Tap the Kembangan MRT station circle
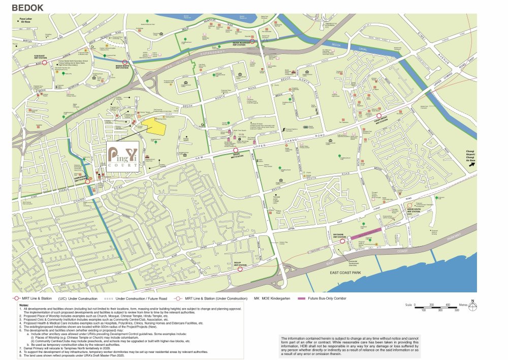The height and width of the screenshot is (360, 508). click(87, 181)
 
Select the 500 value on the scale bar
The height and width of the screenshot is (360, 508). click(456, 309)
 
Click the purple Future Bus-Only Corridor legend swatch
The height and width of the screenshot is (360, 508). click(301, 298)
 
